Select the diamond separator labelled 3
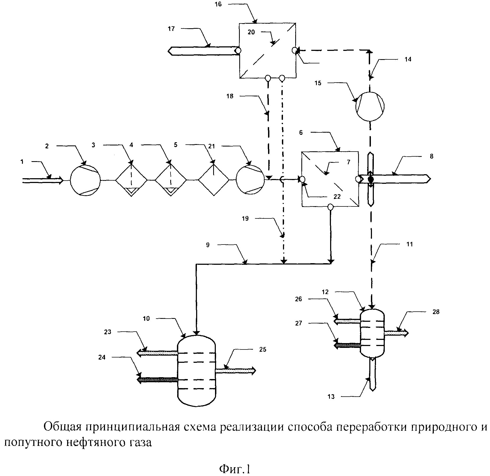click(x=131, y=180)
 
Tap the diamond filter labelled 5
click(x=213, y=180)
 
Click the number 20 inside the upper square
click(x=251, y=32)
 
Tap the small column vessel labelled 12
click(x=372, y=333)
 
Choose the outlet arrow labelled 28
click(x=396, y=333)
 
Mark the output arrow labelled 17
click(x=203, y=51)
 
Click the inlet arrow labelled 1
click(x=43, y=181)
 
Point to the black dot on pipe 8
click(x=371, y=179)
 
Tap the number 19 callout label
click(x=245, y=219)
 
